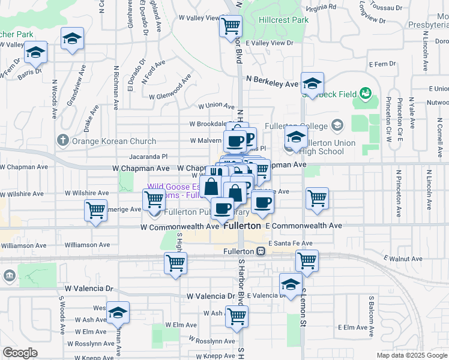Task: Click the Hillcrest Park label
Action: click(283, 20)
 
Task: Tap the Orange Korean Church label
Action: click(114, 142)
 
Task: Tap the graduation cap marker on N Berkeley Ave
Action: click(312, 83)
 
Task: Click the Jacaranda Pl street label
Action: click(138, 155)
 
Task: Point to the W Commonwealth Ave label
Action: click(179, 227)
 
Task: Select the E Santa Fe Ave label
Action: click(291, 244)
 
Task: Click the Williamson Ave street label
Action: click(88, 245)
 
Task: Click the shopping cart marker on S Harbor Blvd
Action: click(237, 316)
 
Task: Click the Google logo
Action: click(20, 352)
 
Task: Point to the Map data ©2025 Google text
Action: click(411, 355)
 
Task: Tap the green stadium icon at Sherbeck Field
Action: click(365, 93)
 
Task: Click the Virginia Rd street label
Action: click(321, 7)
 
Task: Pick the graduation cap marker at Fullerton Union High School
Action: click(295, 137)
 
